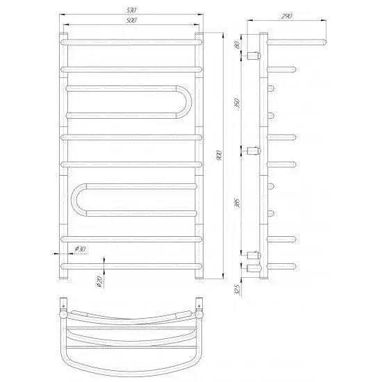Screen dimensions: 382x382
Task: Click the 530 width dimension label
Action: coord(131,10)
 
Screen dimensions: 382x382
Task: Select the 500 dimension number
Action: coord(131,20)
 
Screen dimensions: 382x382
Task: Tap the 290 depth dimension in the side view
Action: coord(286,17)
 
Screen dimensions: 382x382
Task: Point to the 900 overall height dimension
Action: coord(219,156)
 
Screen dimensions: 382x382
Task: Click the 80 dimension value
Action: coord(236,45)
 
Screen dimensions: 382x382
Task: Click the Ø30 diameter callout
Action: coord(80,249)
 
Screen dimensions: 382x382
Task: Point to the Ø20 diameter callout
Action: coord(100,281)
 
